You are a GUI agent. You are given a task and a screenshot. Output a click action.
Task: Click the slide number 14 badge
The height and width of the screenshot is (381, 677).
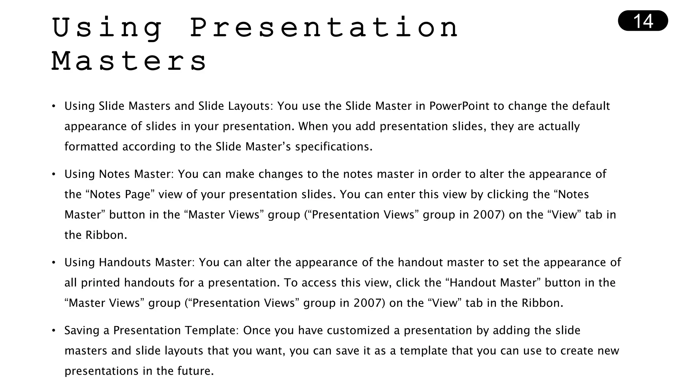643,21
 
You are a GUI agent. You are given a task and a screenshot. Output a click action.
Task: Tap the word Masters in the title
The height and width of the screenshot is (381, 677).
129,61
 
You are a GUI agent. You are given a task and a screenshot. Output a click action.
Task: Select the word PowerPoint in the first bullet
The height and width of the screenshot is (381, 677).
459,106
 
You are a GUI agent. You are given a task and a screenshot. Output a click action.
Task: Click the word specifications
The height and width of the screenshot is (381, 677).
334,147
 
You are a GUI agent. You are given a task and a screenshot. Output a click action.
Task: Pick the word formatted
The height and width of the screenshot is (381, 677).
91,147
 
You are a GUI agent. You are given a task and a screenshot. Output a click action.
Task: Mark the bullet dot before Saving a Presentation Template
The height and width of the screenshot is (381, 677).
54,331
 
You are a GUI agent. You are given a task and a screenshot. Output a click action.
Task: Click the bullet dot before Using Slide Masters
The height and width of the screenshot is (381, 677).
54,106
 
